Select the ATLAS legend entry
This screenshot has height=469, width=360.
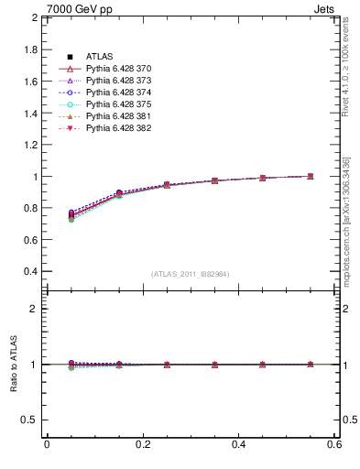pyautogui.click(x=100, y=57)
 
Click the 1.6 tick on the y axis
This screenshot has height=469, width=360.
pyautogui.click(x=29, y=82)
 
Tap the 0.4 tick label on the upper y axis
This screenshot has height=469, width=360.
pyautogui.click(x=29, y=272)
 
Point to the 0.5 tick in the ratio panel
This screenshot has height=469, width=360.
pyautogui.click(x=29, y=420)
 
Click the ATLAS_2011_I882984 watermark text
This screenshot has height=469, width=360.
pyautogui.click(x=190, y=274)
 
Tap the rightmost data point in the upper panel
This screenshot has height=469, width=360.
pyautogui.click(x=311, y=176)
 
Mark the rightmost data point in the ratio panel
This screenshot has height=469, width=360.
pyautogui.click(x=311, y=365)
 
